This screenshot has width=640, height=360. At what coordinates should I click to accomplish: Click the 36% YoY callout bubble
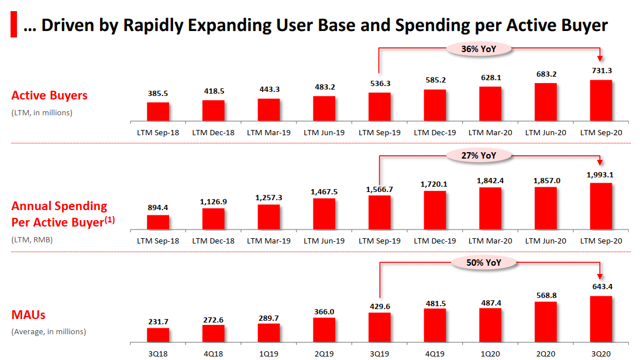(x=479, y=49)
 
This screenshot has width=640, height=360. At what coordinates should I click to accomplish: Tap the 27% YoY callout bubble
(x=479, y=155)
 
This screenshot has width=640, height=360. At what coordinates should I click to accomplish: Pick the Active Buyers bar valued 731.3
(x=601, y=101)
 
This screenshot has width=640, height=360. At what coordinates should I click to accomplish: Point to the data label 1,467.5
(x=324, y=191)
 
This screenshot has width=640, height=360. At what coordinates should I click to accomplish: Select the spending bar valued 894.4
(x=158, y=223)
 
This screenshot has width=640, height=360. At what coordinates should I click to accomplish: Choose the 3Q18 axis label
(x=158, y=354)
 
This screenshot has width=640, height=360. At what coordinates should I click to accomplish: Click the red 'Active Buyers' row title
(x=49, y=95)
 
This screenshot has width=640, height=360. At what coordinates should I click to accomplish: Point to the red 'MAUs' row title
(x=29, y=315)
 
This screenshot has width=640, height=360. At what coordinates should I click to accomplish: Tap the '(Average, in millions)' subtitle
(x=49, y=331)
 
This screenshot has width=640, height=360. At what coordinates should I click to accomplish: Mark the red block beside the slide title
(x=13, y=25)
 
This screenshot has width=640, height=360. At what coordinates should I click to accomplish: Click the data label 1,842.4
(x=490, y=180)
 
